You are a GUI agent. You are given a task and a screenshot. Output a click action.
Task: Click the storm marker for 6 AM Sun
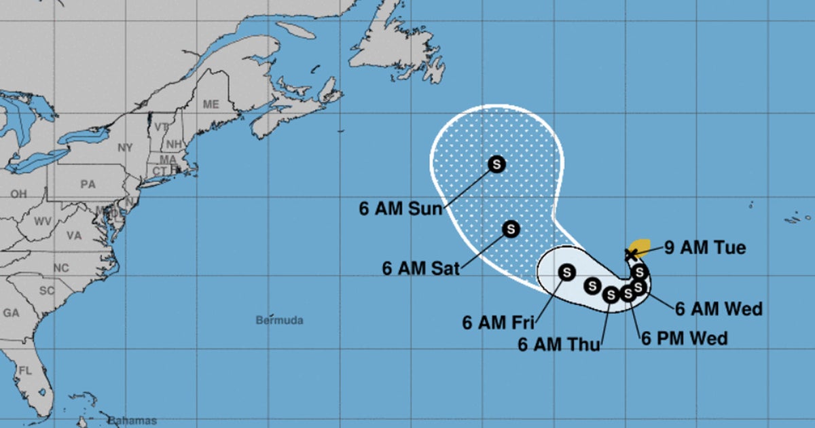click(496, 164)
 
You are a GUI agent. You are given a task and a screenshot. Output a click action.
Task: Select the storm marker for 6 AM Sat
click(511, 230)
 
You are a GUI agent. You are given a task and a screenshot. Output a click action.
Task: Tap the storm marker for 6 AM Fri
click(566, 272)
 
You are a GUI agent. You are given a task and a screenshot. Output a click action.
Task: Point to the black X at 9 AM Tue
click(630, 253)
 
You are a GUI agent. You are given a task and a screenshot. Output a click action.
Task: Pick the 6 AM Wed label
click(719, 309)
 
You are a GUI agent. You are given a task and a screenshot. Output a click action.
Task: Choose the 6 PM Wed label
click(684, 338)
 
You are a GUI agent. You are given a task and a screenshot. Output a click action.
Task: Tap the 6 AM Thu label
click(559, 344)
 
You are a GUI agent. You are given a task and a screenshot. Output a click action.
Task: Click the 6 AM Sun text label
click(401, 209)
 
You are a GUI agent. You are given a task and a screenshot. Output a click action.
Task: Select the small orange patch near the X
click(640, 246)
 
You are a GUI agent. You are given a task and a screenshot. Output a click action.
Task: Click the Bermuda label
click(279, 320)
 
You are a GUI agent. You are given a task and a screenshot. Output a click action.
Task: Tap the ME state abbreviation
click(211, 105)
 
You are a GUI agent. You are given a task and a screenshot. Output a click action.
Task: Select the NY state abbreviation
click(126, 147)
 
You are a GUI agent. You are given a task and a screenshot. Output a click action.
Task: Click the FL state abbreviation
click(26, 371)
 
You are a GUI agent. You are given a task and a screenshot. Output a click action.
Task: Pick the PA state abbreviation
click(88, 184)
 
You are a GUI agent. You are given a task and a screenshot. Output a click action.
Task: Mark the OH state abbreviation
click(18, 194)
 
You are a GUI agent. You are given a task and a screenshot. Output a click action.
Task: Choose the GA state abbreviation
click(11, 313)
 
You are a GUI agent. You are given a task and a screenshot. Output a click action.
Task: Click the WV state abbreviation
click(43, 221)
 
